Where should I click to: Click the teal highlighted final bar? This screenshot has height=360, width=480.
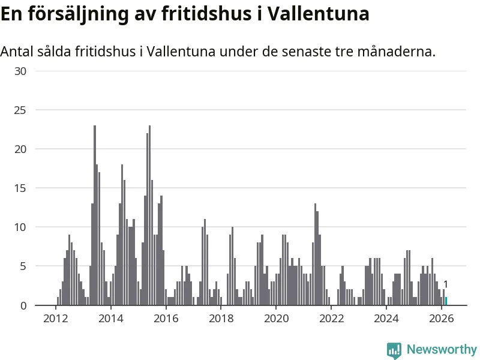(446, 301)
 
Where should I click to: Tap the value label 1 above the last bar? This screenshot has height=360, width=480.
(446, 284)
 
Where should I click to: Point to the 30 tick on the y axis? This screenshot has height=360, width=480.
(20, 71)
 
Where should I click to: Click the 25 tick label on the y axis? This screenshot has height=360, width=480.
(20, 110)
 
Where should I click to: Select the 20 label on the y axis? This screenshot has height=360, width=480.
(20, 149)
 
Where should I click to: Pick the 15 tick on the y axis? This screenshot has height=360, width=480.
(20, 188)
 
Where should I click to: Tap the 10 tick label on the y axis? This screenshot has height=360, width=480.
(20, 227)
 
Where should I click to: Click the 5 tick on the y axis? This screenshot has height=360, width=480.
(23, 266)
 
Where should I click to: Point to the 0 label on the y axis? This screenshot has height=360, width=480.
(23, 305)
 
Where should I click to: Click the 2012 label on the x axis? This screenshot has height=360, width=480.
(55, 318)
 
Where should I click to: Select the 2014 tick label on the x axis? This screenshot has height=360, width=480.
(110, 318)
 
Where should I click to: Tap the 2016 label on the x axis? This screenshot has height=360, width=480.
(166, 318)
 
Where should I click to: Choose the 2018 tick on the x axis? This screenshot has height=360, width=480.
(221, 318)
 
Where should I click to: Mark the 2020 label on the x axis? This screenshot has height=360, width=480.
(276, 318)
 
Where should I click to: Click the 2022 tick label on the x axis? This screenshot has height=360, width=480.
(331, 318)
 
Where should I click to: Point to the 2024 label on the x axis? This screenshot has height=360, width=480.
(386, 318)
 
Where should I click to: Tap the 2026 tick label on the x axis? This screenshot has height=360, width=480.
(442, 318)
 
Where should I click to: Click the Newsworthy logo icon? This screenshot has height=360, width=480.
(394, 350)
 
